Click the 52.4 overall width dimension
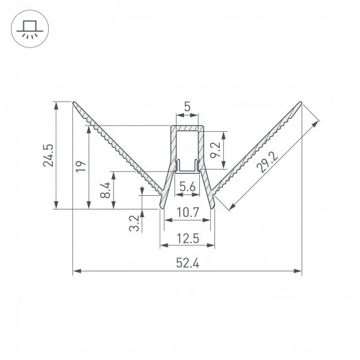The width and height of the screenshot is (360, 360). click(x=187, y=263)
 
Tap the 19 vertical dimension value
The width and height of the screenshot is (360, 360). click(x=80, y=166)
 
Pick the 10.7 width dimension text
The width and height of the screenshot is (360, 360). click(x=187, y=213)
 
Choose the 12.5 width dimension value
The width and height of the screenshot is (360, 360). click(x=187, y=238)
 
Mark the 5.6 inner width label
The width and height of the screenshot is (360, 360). click(x=187, y=185)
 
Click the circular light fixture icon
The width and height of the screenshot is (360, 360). click(x=29, y=30)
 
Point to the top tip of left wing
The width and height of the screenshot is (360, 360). click(x=74, y=103)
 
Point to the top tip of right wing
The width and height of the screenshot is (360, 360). click(x=301, y=103)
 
